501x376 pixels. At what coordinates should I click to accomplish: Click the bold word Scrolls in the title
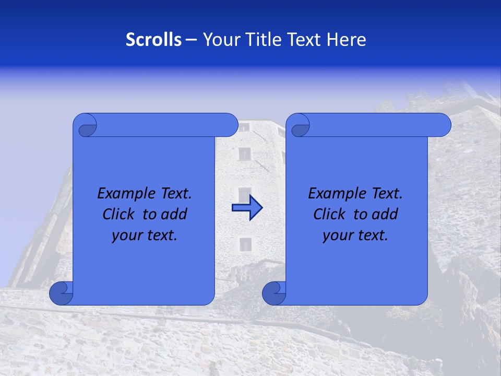point(154,40)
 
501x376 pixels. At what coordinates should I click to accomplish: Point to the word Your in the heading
point(220,40)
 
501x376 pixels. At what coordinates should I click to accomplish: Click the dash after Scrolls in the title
point(191,40)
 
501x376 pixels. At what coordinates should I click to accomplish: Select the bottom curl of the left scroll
point(61,293)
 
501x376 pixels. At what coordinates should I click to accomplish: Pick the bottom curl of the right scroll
point(273,293)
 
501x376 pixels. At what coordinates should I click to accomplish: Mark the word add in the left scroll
point(175,215)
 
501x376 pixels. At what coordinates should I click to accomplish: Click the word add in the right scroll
point(386,215)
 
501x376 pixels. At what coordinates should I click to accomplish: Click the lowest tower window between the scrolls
point(245,244)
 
